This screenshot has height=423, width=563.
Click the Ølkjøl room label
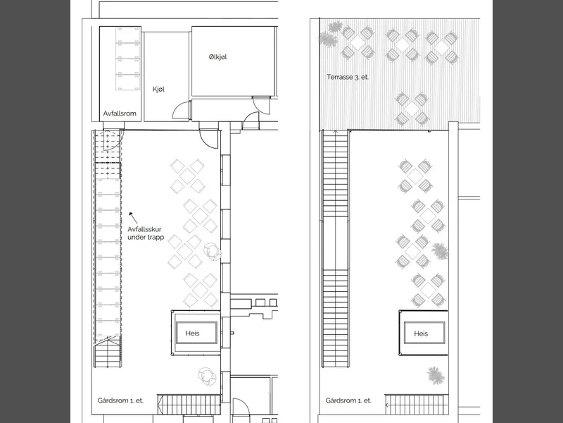coord(217,57)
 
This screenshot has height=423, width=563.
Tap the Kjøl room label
coord(159,90)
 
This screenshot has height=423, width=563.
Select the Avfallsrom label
coord(120,114)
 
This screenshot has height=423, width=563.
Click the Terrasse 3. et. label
coord(348,77)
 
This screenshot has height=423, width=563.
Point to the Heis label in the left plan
coord(192,333)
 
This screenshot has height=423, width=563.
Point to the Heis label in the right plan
coord(421,333)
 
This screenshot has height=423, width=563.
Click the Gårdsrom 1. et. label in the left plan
coord(120,400)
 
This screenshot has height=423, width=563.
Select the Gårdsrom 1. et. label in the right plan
coord(348,400)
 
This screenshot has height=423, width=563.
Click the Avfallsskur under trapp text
coord(146,233)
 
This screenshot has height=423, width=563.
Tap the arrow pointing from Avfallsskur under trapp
coord(133,217)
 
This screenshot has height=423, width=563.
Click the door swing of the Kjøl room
coord(181,110)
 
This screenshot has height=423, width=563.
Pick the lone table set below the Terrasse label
coord(412,108)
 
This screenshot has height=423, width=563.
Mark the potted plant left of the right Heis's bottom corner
coord(435,376)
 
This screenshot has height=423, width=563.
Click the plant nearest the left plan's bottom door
coord(207,376)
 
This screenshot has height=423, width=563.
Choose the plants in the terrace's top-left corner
coord(331,34)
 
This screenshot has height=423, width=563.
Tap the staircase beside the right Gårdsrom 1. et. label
coord(417,404)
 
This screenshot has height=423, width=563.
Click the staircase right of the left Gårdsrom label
coord(189,404)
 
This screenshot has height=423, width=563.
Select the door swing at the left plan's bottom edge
coord(241,407)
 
